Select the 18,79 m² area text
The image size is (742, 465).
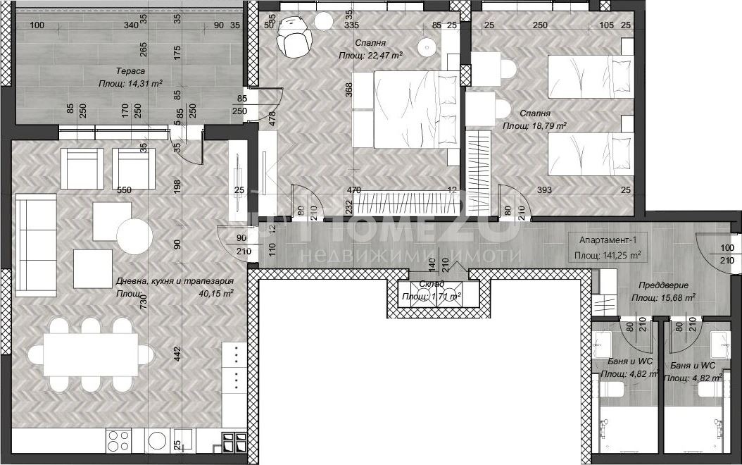click(x=534, y=125)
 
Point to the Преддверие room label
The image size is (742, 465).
click(x=662, y=286)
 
